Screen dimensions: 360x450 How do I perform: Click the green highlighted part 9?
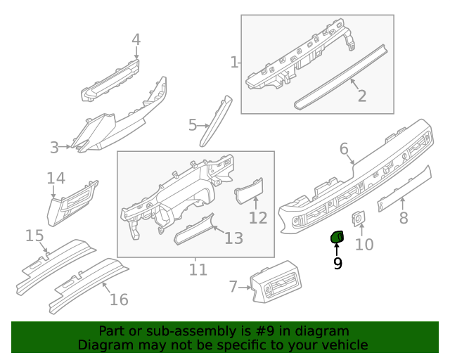tap(337, 238)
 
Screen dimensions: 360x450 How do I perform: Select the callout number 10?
tap(364, 245)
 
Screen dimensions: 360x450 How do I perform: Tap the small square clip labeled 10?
tap(359, 219)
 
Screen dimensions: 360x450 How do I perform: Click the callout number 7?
tap(233, 286)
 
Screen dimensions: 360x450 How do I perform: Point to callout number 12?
tap(258, 217)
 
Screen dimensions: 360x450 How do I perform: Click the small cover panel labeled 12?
tap(247, 191)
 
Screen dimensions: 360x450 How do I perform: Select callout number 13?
tap(233, 238)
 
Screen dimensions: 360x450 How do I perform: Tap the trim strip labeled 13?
tap(195, 229)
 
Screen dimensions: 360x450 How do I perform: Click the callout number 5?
tap(193, 125)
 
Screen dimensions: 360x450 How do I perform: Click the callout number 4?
tap(136, 39)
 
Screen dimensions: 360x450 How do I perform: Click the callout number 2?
tap(361, 96)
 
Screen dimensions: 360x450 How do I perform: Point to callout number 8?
tap(404, 218)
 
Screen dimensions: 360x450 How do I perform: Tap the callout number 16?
tap(119, 300)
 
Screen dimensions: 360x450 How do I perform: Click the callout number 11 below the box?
tap(198, 269)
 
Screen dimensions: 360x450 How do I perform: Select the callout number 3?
tap(54, 148)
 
